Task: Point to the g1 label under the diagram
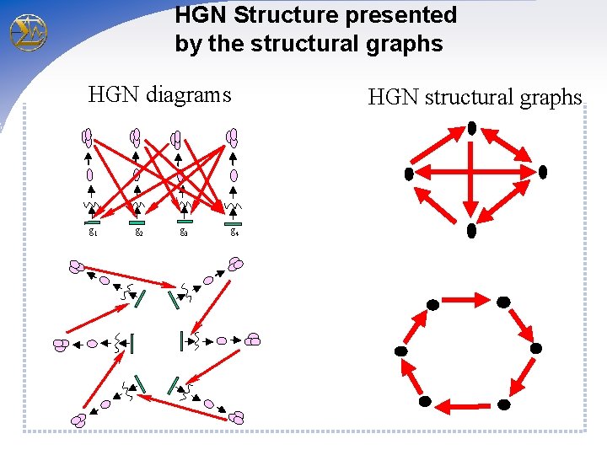pyautogui.click(x=92, y=232)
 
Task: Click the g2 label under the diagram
pyautogui.click(x=139, y=232)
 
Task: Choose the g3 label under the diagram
pyautogui.click(x=183, y=232)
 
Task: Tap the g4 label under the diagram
pyautogui.click(x=235, y=232)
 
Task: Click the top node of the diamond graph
pyautogui.click(x=472, y=128)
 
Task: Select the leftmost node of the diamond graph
pyautogui.click(x=409, y=174)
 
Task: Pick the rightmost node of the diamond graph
pyautogui.click(x=543, y=172)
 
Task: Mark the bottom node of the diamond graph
pyautogui.click(x=472, y=229)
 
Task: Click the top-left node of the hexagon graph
pyautogui.click(x=432, y=303)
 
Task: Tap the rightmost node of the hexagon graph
pyautogui.click(x=535, y=348)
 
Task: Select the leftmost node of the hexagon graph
pyautogui.click(x=401, y=351)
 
